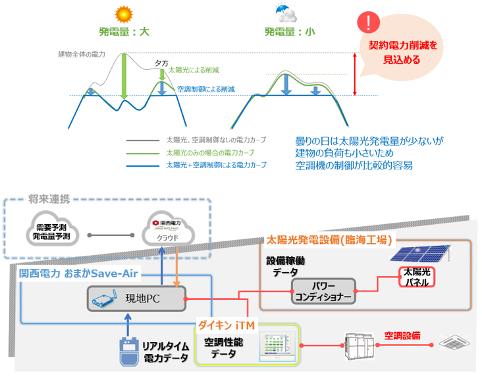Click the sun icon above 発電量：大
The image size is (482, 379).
coord(121,14)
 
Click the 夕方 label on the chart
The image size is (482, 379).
coord(161,62)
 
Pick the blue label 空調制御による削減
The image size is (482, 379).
coord(206,89)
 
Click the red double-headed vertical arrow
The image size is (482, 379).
coord(355,74)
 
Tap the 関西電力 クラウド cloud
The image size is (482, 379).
coord(167,232)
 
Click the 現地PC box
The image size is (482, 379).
coord(138,299)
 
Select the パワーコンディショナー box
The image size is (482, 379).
coord(323,291)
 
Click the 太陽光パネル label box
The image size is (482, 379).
coord(417,277)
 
